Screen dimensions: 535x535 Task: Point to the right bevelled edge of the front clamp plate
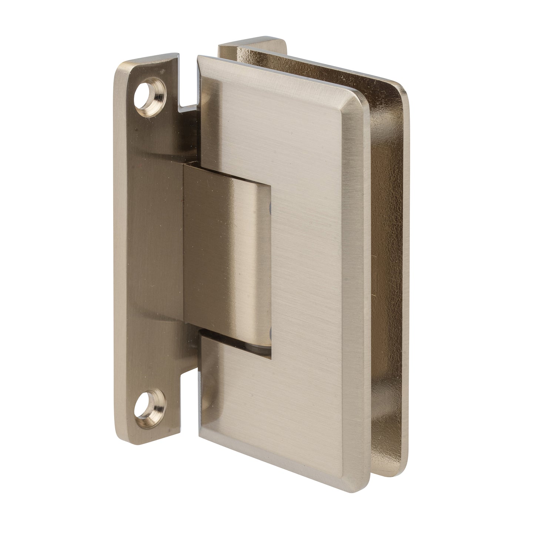click(354, 278)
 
